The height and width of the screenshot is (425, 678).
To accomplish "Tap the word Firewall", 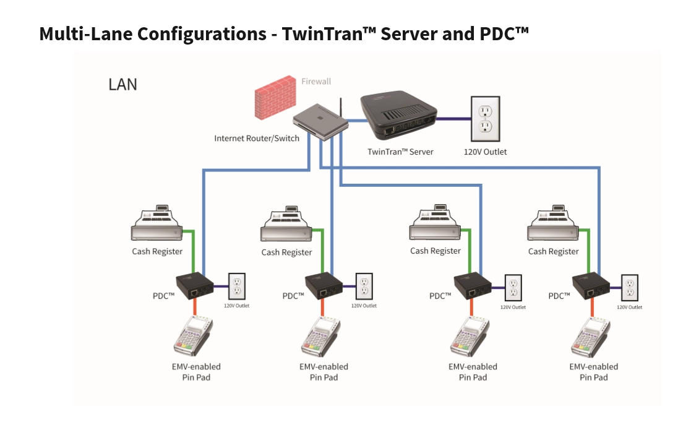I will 315,81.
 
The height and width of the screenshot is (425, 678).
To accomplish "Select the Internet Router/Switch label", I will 257,138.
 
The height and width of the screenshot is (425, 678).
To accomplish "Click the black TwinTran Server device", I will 399,114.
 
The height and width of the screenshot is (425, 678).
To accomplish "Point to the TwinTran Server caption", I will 400,152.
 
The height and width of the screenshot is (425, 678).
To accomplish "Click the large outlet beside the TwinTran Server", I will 488,118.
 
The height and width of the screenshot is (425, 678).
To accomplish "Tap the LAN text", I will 122,84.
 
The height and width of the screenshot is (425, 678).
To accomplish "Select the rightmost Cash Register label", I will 553,251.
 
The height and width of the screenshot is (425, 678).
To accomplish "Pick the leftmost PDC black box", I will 195,286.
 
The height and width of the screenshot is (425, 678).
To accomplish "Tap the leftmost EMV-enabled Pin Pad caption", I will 196,372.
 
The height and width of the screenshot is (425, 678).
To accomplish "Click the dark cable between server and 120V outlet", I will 454,118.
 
